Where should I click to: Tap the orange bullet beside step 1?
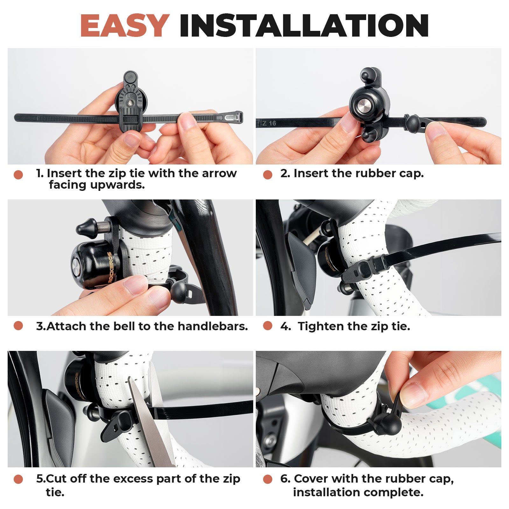[x=18, y=175]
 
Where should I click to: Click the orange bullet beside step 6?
[x=268, y=479]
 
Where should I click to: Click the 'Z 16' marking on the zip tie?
[x=269, y=123]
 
